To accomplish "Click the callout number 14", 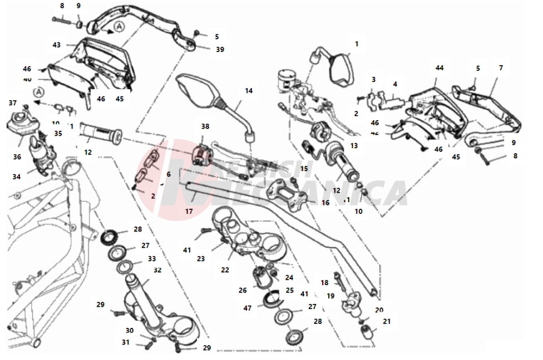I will pyautogui.click(x=249, y=90).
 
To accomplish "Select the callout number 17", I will pyautogui.click(x=189, y=211).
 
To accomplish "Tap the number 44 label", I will pyautogui.click(x=439, y=68).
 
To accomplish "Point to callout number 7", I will pyautogui.click(x=501, y=68).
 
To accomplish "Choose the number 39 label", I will pyautogui.click(x=220, y=49).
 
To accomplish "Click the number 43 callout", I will pyautogui.click(x=56, y=44).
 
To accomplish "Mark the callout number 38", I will pyautogui.click(x=205, y=126).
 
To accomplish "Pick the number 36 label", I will pyautogui.click(x=17, y=157).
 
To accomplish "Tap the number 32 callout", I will pyautogui.click(x=157, y=270).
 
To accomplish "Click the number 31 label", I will pyautogui.click(x=126, y=342).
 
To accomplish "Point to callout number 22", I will pyautogui.click(x=225, y=270).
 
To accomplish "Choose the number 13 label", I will pyautogui.click(x=354, y=146).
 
